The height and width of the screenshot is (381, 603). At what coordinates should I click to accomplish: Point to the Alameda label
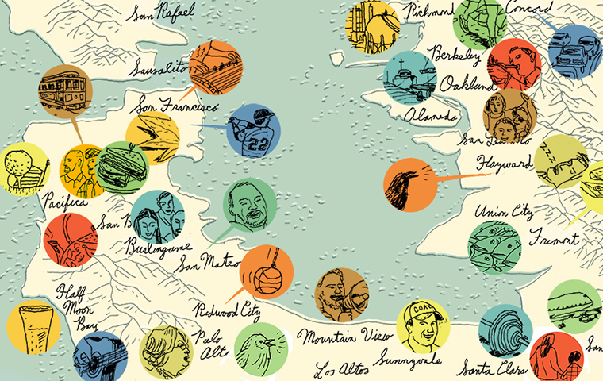point(432,115)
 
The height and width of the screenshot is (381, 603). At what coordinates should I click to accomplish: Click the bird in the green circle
point(260,348)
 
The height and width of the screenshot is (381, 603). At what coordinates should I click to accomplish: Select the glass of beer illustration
point(33,325)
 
